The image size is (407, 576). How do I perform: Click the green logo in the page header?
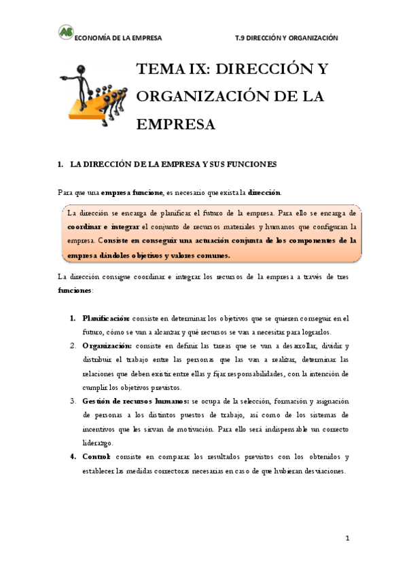pyautogui.click(x=65, y=32)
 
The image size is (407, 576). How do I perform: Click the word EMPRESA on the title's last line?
pyautogui.click(x=176, y=124)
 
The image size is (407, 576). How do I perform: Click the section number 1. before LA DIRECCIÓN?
pyautogui.click(x=60, y=164)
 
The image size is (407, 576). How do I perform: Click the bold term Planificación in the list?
pyautogui.click(x=106, y=317)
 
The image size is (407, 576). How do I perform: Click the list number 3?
pyautogui.click(x=73, y=401)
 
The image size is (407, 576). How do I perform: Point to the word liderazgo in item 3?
pyautogui.click(x=97, y=442)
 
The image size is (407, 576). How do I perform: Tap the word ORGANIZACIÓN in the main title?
pyautogui.click(x=198, y=96)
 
